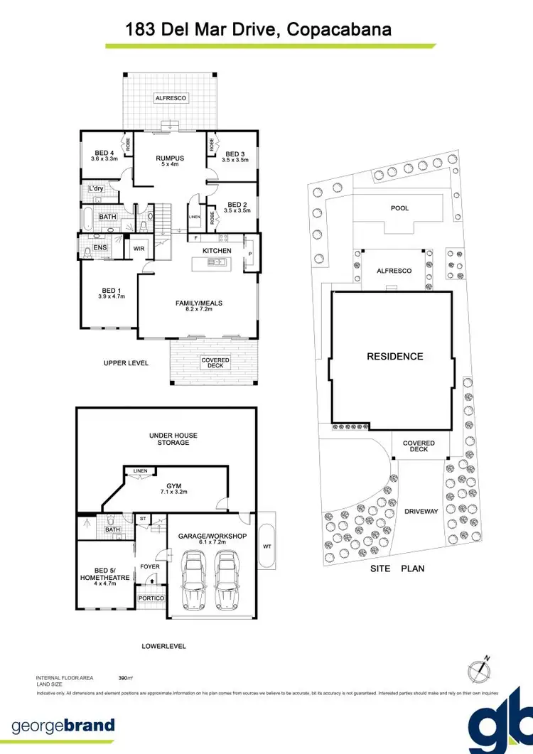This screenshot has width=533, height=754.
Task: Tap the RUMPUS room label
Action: click(x=170, y=158)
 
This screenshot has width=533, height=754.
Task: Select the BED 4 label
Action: click(x=104, y=152)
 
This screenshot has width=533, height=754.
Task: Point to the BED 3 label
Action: click(x=235, y=154)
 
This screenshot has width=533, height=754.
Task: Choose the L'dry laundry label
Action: click(x=96, y=188)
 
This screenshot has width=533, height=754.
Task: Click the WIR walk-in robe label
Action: click(x=139, y=249)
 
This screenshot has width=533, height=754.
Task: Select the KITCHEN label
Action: click(x=216, y=252)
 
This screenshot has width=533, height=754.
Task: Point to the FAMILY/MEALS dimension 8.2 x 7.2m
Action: click(x=199, y=310)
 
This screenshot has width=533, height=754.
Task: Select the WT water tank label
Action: click(x=266, y=547)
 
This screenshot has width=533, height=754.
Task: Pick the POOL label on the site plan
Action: click(x=399, y=208)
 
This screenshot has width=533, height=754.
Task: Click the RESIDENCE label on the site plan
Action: click(x=394, y=357)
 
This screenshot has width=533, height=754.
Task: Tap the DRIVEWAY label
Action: click(x=421, y=511)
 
